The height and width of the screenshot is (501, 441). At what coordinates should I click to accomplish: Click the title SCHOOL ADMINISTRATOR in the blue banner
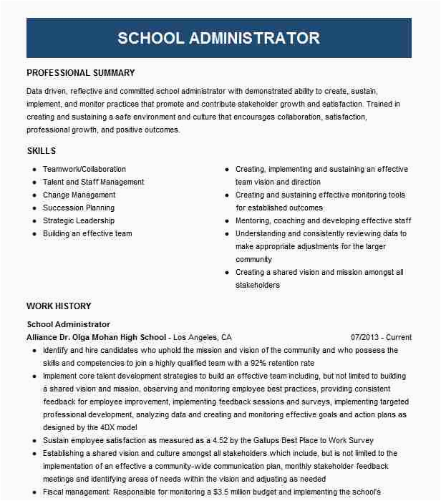pyautogui.click(x=218, y=38)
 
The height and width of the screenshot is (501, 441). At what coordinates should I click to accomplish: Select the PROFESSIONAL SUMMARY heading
pyautogui.click(x=80, y=73)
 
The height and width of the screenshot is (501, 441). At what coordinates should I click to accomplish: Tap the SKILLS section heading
pyautogui.click(x=41, y=151)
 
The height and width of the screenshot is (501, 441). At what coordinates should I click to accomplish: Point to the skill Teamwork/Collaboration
pyautogui.click(x=84, y=170)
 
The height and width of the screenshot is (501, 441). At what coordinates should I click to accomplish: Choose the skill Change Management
pyautogui.click(x=79, y=195)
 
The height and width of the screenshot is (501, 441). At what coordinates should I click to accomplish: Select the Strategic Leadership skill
pyautogui.click(x=79, y=221)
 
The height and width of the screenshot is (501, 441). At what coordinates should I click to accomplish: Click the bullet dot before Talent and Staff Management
pyautogui.click(x=34, y=183)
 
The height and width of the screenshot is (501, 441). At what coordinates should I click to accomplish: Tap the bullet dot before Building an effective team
pyautogui.click(x=34, y=234)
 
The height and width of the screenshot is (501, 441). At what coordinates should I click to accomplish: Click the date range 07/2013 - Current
pyautogui.click(x=381, y=337)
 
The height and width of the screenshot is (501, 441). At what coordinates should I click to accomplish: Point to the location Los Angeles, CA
pyautogui.click(x=203, y=337)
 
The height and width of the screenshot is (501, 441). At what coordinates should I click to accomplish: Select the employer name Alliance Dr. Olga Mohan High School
pyautogui.click(x=97, y=337)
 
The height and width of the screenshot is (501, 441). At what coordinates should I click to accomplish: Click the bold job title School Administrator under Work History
pyautogui.click(x=68, y=324)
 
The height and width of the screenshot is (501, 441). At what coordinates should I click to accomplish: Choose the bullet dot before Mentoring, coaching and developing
pyautogui.click(x=227, y=221)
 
